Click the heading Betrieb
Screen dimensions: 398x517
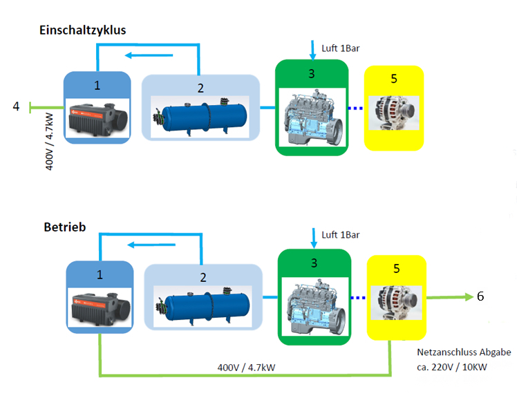click(64, 227)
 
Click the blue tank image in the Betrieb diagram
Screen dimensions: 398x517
click(202, 305)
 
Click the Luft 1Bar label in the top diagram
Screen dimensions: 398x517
click(341, 48)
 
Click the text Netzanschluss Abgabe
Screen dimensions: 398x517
click(464, 352)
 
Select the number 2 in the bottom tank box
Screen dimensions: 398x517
click(203, 277)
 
